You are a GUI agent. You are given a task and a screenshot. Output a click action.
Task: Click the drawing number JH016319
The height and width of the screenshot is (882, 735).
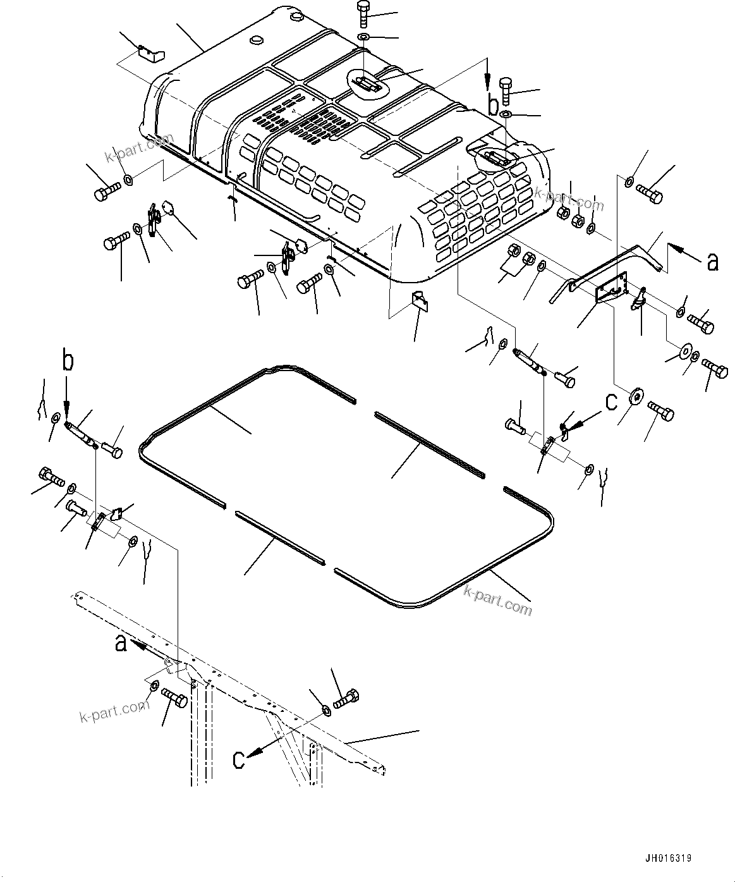point(669,858)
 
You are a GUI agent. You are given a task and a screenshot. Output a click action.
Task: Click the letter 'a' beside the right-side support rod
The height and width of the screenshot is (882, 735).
point(713,261)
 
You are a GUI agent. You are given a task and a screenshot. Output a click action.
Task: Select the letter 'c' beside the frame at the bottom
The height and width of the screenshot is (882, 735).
point(239,759)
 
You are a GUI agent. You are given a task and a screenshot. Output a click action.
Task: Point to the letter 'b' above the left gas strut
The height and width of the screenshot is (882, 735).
point(68,361)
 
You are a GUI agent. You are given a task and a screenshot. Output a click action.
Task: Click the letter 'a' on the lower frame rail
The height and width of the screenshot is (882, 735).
point(121,644)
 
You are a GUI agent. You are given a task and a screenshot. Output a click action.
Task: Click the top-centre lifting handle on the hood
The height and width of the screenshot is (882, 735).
point(367,82)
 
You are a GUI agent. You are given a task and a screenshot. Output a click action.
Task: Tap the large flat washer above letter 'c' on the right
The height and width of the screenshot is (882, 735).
point(636,396)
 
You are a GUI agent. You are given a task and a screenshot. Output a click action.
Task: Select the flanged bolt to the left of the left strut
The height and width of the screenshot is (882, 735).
point(51,475)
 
